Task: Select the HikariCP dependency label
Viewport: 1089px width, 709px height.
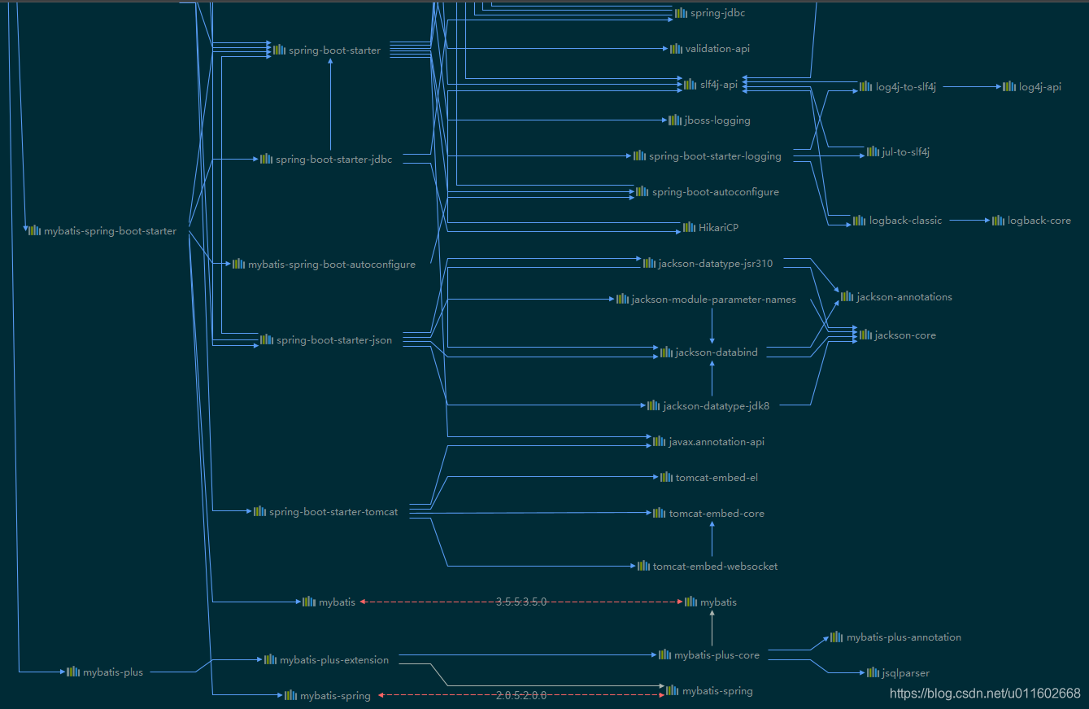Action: (x=718, y=228)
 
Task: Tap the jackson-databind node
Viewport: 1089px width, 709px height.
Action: (x=716, y=352)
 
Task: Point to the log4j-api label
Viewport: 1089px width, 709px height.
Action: (x=1039, y=87)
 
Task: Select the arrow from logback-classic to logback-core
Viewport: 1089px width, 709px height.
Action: (x=967, y=221)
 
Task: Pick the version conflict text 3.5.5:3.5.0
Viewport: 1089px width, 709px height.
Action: (x=521, y=602)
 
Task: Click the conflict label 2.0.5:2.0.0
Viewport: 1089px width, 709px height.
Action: (x=521, y=695)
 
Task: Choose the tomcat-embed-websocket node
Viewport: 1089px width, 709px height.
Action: (x=715, y=567)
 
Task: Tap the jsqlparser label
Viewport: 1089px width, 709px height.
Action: (x=905, y=673)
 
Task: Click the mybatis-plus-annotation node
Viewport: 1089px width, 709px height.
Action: (x=904, y=637)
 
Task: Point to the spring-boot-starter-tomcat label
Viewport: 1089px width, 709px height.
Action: (x=333, y=512)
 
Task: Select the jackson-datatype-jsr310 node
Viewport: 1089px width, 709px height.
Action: (x=715, y=264)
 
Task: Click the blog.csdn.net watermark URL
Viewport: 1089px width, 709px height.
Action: (x=985, y=694)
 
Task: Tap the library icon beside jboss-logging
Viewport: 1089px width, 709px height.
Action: (x=675, y=120)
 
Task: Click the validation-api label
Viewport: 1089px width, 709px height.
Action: (x=717, y=49)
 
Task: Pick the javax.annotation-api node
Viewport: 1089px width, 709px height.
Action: (x=716, y=442)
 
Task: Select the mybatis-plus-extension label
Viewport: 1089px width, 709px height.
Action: (x=333, y=660)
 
